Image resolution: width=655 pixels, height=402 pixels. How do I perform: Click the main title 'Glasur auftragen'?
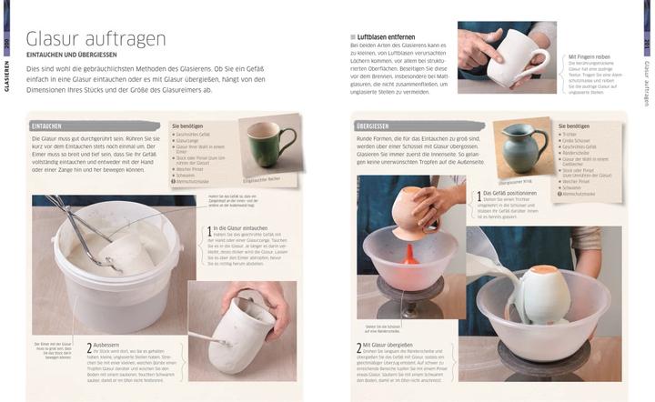[96, 38]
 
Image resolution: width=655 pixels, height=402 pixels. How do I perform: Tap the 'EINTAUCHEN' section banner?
[47, 125]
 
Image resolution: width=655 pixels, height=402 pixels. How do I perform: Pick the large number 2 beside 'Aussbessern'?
[89, 348]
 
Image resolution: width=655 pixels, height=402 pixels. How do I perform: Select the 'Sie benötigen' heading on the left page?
[188, 126]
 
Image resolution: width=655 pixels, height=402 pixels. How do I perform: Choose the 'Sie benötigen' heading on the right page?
[574, 126]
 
